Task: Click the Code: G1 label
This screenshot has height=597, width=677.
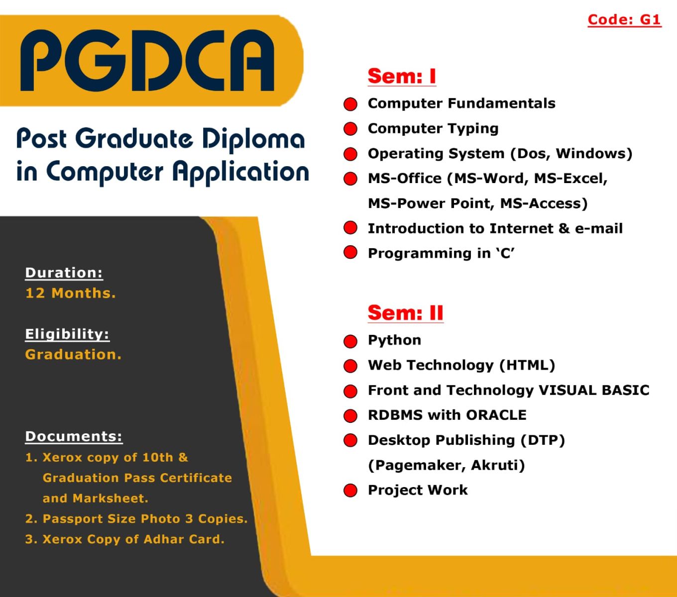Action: [x=625, y=19]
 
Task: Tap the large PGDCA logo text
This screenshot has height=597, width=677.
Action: [x=147, y=61]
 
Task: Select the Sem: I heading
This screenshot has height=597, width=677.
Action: [x=402, y=76]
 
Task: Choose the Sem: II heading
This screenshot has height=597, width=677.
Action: [x=405, y=313]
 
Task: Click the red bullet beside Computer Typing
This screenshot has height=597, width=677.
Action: [x=350, y=129]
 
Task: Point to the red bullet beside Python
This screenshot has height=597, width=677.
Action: [x=350, y=341]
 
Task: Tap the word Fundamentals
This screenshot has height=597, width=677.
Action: [x=501, y=103]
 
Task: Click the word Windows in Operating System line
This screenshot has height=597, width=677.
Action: [x=591, y=153]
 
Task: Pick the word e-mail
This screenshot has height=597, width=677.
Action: [x=598, y=228]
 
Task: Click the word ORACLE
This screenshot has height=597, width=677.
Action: [x=496, y=415]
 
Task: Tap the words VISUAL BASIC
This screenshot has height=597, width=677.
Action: [x=594, y=390]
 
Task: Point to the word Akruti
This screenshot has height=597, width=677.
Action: [x=495, y=465]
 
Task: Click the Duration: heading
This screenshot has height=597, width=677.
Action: [x=64, y=273]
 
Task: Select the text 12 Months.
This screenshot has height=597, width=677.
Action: [x=71, y=293]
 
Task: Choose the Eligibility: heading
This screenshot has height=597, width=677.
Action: [x=67, y=334]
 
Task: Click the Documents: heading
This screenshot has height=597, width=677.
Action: [x=74, y=436]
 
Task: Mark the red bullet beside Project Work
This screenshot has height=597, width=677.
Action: [x=350, y=491]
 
